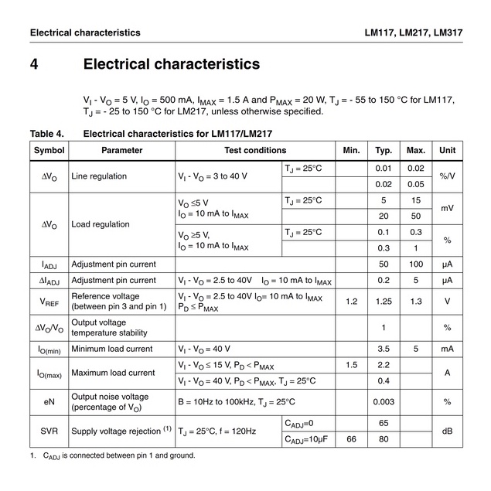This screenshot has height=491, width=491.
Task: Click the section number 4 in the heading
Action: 35,64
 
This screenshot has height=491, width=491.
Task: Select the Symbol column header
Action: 49,150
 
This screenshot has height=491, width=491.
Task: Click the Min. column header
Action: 352,150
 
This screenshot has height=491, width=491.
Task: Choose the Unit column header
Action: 447,150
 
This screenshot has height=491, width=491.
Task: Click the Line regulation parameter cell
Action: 99,176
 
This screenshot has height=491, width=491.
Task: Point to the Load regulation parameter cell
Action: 101,224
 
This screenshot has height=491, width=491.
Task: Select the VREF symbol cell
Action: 49,302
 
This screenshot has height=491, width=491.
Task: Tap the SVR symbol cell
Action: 49,431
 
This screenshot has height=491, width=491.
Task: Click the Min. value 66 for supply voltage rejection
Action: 352,439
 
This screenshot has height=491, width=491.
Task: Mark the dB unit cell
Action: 447,431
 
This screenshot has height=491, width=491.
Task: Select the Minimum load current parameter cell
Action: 112,349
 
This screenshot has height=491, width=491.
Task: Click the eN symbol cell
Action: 49,402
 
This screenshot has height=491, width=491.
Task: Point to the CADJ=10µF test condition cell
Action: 309,439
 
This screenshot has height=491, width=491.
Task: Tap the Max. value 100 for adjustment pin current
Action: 416,264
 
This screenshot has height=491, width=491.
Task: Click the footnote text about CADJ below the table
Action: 116,455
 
